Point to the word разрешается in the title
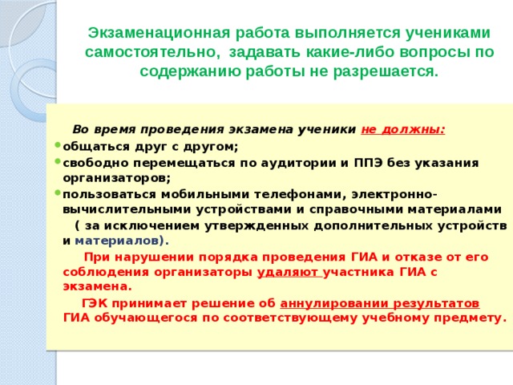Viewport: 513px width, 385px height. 387,71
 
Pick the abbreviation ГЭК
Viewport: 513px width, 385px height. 95,302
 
